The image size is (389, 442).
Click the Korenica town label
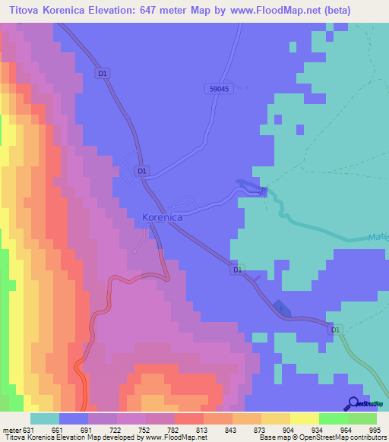point(162,217)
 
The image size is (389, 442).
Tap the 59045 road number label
point(218,89)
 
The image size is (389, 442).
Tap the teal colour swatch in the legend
point(44,418)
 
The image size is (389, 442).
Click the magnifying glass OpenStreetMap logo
point(354,404)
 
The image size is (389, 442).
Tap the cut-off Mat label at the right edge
point(381,237)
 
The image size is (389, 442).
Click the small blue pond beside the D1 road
point(281,308)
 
